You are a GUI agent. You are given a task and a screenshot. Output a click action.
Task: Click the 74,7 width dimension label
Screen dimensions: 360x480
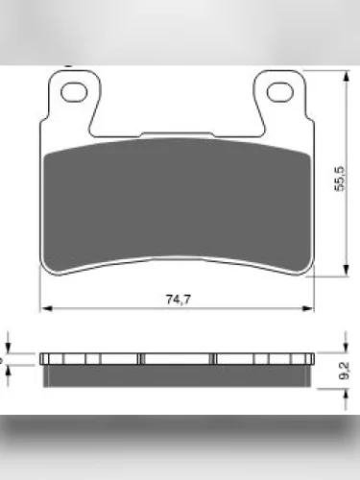point(179,300)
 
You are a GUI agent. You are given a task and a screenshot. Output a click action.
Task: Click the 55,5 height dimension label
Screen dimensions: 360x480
point(340,179)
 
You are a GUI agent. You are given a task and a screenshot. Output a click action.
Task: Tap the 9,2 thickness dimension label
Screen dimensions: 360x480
point(344,372)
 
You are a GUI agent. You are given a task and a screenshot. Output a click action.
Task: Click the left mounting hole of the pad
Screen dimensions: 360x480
point(74,92)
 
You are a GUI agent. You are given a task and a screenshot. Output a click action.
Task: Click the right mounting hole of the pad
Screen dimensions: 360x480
point(280,92)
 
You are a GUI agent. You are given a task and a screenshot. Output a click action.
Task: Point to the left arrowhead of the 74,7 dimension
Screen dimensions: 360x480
point(47,309)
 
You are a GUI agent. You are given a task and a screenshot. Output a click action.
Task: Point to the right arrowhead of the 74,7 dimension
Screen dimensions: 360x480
point(308,309)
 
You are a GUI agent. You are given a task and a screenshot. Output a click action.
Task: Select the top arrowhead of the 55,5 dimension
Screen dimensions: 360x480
point(346,76)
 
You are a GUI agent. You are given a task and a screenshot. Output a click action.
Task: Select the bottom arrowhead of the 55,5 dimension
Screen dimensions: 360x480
point(346,270)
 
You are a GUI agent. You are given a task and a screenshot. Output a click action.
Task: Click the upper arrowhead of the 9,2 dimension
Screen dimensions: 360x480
point(346,348)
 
